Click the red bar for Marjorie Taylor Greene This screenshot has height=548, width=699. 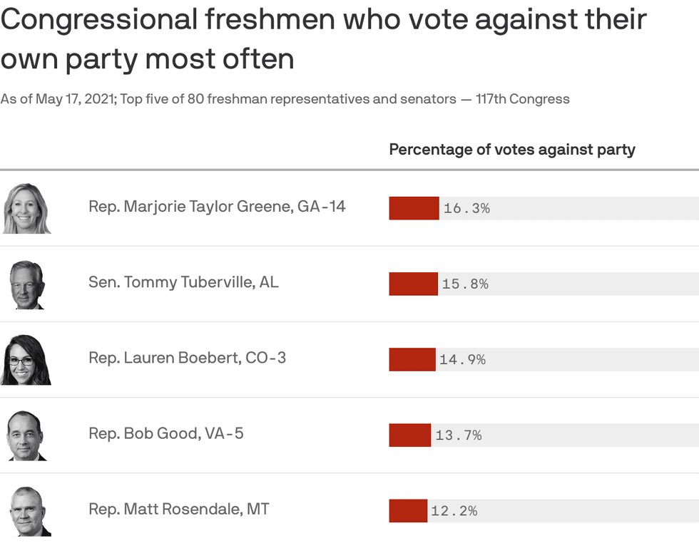pyautogui.click(x=414, y=208)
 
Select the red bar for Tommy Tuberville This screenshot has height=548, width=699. pyautogui.click(x=413, y=284)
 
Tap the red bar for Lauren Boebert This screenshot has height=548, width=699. pyautogui.click(x=412, y=359)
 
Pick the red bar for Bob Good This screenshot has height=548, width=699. pyautogui.click(x=409, y=435)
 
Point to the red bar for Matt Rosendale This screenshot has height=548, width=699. pyautogui.click(x=407, y=510)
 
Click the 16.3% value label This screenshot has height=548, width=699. pyautogui.click(x=466, y=209)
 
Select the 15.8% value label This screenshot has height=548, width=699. pyautogui.click(x=465, y=284)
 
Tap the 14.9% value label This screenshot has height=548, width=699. pyautogui.click(x=462, y=360)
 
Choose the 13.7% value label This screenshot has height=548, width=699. pyautogui.click(x=458, y=435)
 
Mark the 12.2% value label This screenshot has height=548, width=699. pyautogui.click(x=454, y=511)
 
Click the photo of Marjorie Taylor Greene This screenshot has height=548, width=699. pyautogui.click(x=27, y=209)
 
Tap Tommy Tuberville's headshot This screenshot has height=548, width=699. pyautogui.click(x=27, y=284)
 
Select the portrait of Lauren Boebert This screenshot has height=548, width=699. pyautogui.click(x=26, y=360)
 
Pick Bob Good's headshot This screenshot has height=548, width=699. pyautogui.click(x=26, y=435)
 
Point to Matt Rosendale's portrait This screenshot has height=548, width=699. pyautogui.click(x=30, y=511)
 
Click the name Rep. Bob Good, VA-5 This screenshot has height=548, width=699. pyautogui.click(x=165, y=433)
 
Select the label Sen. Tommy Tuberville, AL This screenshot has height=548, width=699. pyautogui.click(x=183, y=281)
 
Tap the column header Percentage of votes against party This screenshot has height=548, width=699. pyautogui.click(x=511, y=150)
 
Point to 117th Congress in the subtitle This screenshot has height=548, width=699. pyautogui.click(x=523, y=99)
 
